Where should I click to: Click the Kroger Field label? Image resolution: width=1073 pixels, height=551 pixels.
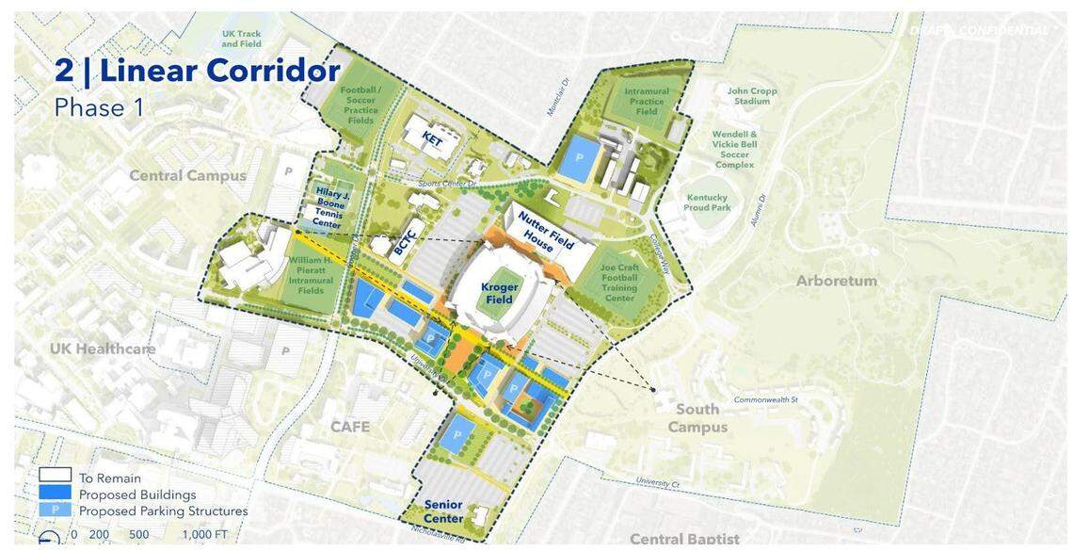[x=499, y=293]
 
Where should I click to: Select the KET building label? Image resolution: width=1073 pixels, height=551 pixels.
[x=432, y=139]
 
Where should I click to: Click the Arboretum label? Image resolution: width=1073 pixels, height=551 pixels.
[x=836, y=281]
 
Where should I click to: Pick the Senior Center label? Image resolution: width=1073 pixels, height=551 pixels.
[x=443, y=511]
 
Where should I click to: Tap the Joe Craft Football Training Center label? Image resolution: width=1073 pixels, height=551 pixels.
[x=619, y=283]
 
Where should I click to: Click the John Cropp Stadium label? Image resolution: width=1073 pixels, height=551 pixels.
[x=751, y=96]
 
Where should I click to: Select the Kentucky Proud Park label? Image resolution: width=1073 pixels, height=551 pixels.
[x=707, y=203]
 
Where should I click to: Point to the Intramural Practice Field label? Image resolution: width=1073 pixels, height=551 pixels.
[x=647, y=102]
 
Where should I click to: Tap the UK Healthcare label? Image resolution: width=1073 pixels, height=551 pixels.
[x=103, y=348]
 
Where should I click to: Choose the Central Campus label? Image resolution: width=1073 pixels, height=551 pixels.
[x=187, y=175]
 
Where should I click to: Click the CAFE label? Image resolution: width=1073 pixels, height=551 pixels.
[x=349, y=427]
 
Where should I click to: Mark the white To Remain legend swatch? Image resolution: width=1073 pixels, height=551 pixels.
[x=55, y=477]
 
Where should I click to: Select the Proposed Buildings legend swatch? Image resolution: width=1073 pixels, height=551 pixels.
[x=55, y=494]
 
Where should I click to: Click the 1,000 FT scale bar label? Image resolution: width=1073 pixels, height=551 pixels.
[x=203, y=534]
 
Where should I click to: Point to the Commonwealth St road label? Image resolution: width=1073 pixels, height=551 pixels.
[x=765, y=399]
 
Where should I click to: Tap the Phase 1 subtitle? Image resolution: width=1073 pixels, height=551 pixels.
[x=99, y=107]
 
